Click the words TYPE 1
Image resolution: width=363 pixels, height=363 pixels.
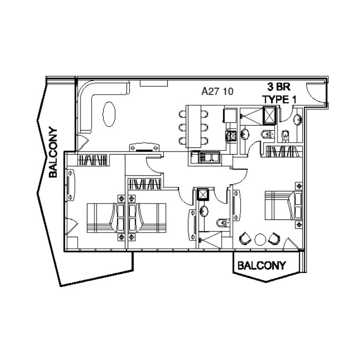coord(276,99)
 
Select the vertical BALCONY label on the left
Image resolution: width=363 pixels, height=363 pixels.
coord(53,152)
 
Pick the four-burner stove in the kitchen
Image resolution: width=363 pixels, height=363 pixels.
coord(231,135)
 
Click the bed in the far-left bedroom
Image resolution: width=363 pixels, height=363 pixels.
coord(103,217)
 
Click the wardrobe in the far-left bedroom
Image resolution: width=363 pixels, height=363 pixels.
coord(93,160)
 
